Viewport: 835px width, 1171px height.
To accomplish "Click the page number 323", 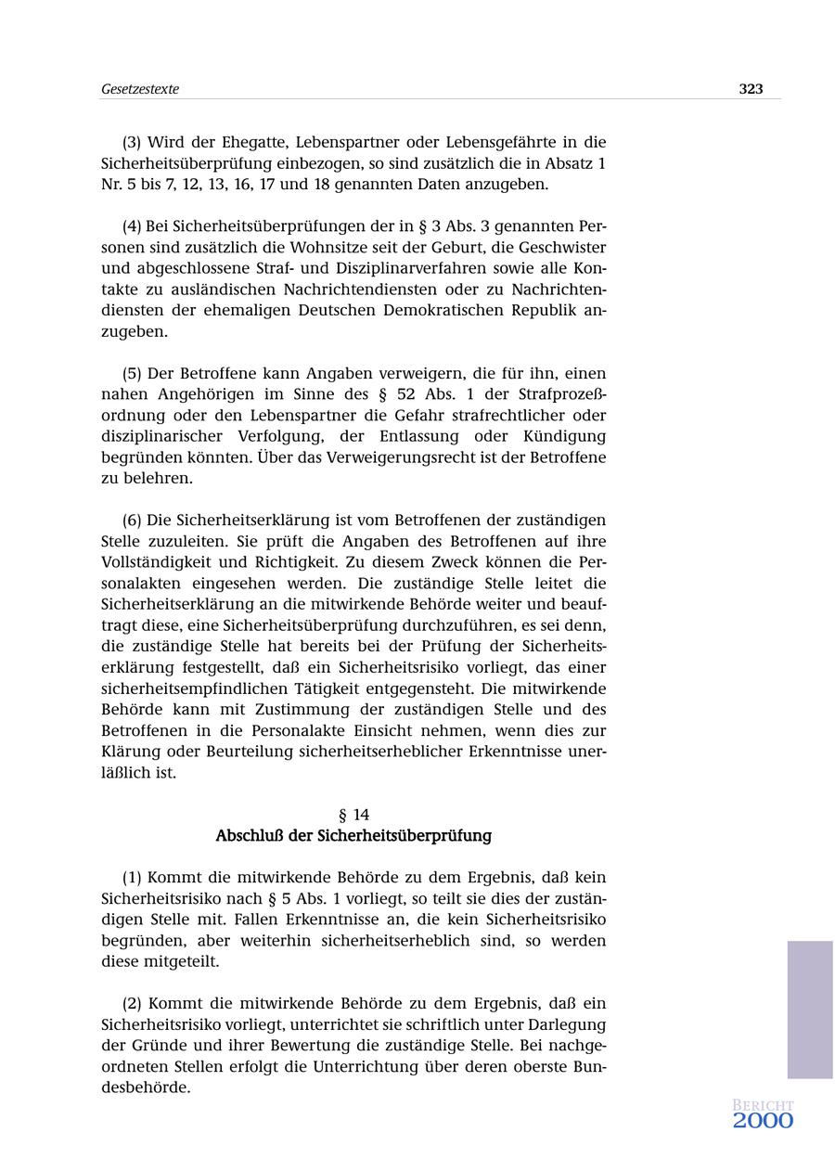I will [751, 89].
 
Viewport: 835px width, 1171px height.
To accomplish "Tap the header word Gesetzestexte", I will [140, 89].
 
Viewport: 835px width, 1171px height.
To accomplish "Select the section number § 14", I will [353, 815].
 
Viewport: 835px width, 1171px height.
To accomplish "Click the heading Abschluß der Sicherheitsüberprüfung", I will [353, 835].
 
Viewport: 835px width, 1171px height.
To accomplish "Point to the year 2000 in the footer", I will [763, 1121].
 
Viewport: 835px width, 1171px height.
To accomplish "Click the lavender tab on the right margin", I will [810, 1010].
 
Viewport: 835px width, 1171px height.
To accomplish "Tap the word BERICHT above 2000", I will [763, 1105].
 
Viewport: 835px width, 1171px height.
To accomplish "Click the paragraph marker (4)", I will [132, 226].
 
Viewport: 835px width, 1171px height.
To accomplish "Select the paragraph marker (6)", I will [132, 520].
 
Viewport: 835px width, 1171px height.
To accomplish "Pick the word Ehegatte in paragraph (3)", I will [251, 142].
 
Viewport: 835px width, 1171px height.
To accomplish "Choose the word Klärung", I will [130, 752].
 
